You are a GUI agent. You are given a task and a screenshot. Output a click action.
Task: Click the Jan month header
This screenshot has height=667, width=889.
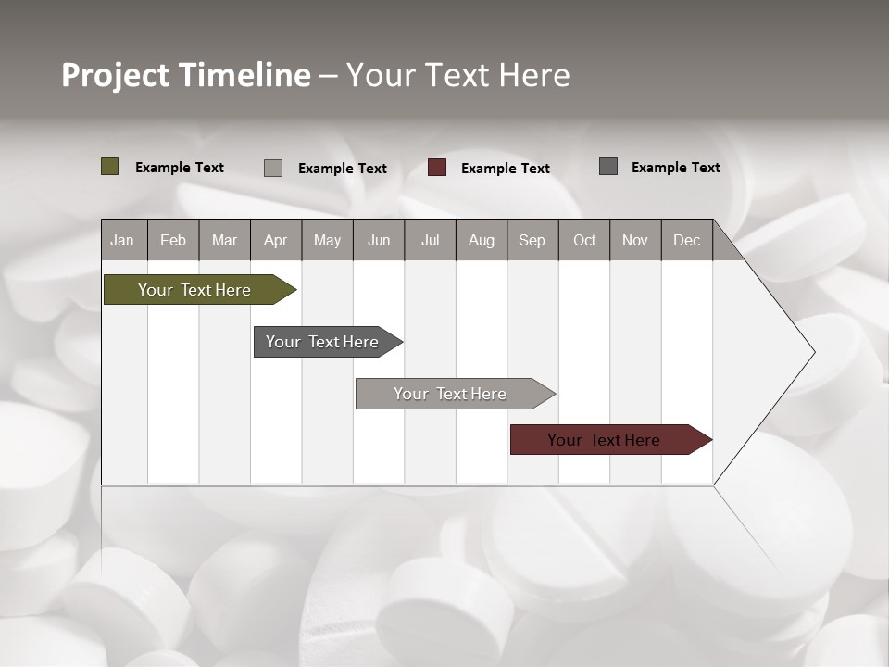(122, 240)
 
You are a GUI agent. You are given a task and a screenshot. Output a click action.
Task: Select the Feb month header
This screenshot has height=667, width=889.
(173, 240)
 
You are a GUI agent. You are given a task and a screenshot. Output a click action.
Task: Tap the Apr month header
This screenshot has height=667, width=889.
(275, 240)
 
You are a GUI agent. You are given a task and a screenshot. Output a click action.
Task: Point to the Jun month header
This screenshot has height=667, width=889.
(379, 240)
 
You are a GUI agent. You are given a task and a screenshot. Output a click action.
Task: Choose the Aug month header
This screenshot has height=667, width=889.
(481, 240)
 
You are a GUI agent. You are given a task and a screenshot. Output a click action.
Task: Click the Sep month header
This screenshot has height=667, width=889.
(532, 240)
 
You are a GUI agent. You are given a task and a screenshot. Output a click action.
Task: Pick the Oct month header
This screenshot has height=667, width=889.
(584, 240)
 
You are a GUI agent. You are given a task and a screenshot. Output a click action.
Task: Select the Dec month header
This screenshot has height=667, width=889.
(686, 240)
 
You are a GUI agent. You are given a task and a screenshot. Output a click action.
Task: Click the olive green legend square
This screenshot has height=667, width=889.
(110, 167)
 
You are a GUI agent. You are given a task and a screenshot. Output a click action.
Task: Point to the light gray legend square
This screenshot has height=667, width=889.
(273, 168)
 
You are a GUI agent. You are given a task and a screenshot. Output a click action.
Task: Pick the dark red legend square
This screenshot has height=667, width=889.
(437, 168)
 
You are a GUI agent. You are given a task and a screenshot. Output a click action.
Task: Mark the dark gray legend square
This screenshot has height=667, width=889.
(608, 167)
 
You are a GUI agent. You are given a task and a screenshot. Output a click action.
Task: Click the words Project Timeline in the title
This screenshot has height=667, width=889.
(186, 75)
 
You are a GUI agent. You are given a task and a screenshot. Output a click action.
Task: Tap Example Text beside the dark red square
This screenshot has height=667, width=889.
(505, 169)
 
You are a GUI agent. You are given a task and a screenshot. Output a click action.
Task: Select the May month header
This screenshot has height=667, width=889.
(327, 240)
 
